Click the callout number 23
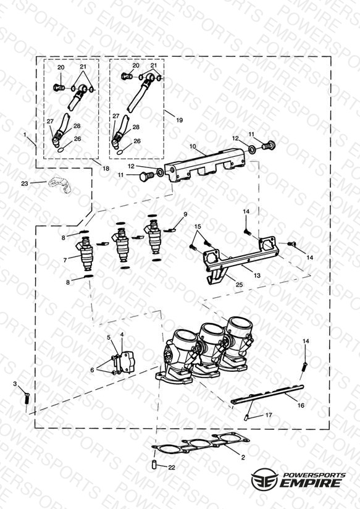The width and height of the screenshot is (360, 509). click(x=25, y=183)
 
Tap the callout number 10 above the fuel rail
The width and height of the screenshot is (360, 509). click(x=193, y=146)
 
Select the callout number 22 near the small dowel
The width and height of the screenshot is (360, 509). click(x=172, y=468)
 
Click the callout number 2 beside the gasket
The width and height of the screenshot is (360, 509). click(x=243, y=457)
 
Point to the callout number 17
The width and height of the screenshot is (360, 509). click(x=269, y=415)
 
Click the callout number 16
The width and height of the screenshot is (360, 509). click(x=301, y=405)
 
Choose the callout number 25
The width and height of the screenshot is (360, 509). click(x=239, y=285)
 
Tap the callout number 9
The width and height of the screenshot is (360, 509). click(x=185, y=214)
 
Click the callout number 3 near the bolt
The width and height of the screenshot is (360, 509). click(x=15, y=384)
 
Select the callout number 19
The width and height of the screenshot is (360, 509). click(x=179, y=120)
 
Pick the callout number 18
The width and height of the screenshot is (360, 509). click(x=106, y=169)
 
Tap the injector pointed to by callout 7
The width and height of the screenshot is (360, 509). click(x=86, y=256)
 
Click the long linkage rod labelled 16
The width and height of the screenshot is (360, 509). click(x=267, y=393)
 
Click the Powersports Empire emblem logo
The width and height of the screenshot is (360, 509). click(x=265, y=479)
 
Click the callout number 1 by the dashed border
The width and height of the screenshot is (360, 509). click(x=25, y=134)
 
